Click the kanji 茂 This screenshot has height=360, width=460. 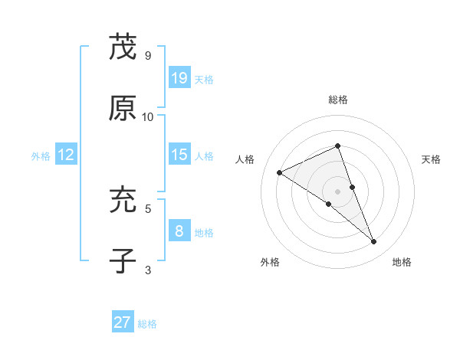click(x=123, y=48)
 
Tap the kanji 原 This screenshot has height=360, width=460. click(x=123, y=109)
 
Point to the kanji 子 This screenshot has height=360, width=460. click(x=123, y=261)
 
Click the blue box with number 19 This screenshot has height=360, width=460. click(x=179, y=78)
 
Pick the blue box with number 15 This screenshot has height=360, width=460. click(x=179, y=155)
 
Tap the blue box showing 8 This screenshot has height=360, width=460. click(x=179, y=231)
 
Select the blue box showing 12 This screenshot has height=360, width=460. click(x=66, y=155)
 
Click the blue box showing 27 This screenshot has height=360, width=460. click(x=123, y=322)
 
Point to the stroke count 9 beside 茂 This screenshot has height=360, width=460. click(x=147, y=56)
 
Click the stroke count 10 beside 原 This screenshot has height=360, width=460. click(x=148, y=116)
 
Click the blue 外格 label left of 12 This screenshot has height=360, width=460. click(x=41, y=156)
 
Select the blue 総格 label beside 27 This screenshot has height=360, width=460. click(x=147, y=324)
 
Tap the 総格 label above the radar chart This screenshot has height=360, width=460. click(x=338, y=100)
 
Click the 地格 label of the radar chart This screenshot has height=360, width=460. click(x=402, y=262)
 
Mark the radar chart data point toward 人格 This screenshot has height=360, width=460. click(x=280, y=173)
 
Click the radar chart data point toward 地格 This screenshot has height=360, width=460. click(x=374, y=242)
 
